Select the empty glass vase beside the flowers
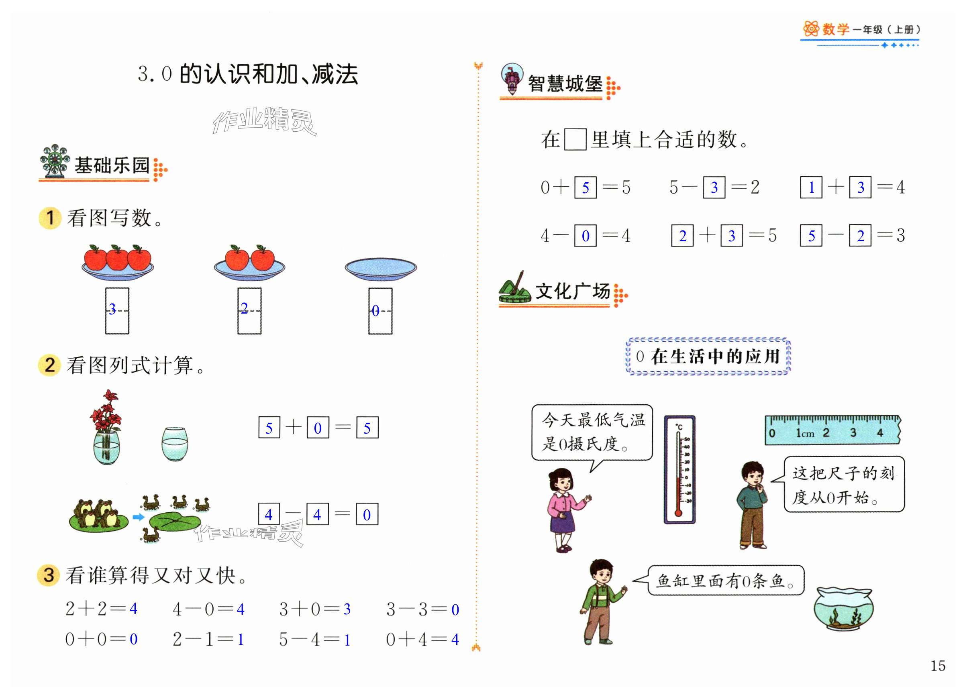(175, 444)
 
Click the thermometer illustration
(679, 469)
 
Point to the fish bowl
(843, 609)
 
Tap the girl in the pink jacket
(564, 509)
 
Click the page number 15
(938, 666)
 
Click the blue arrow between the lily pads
(138, 517)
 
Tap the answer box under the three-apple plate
(117, 310)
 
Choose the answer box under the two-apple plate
(249, 310)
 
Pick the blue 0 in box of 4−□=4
(586, 236)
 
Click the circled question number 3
(49, 575)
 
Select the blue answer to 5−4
(347, 640)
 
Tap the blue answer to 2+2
(133, 609)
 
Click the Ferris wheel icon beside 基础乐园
(55, 161)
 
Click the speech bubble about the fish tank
(725, 580)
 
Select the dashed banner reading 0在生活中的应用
(708, 356)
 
